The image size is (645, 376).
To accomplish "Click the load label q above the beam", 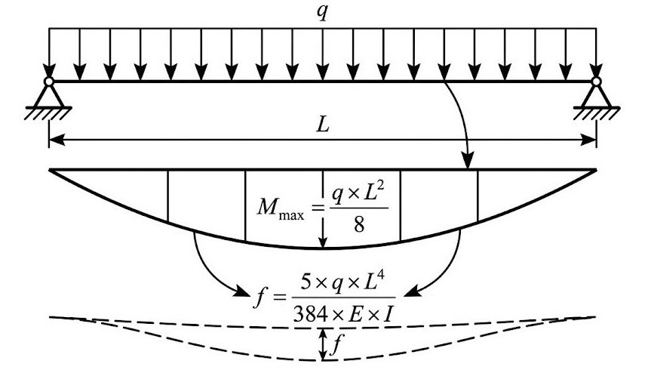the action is click(322, 13).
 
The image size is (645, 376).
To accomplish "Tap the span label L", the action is click(324, 125).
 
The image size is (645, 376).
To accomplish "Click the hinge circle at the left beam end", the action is click(49, 82).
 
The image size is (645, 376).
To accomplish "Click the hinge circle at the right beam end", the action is click(596, 82).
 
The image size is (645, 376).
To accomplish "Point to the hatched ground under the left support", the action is click(48, 113).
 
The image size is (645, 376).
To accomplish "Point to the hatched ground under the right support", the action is click(596, 113).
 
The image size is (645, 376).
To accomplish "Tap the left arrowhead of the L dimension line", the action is click(57, 140).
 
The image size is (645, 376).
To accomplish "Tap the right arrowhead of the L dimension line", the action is click(588, 140).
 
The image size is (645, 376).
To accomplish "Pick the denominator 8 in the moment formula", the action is click(358, 225).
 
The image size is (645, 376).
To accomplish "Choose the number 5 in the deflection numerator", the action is click(306, 282).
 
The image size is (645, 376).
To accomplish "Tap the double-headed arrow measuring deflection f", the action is click(324, 344).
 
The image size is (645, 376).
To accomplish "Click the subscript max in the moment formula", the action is click(291, 214).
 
